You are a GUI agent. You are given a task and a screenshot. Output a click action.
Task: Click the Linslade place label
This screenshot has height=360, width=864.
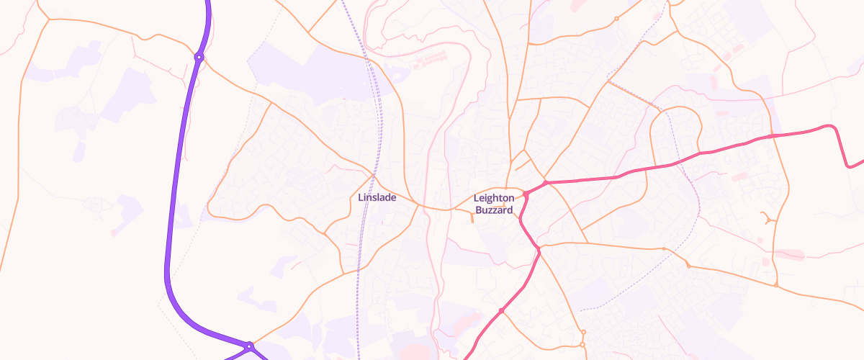tap(377, 197)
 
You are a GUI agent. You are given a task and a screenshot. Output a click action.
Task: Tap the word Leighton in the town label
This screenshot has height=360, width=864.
tap(494, 198)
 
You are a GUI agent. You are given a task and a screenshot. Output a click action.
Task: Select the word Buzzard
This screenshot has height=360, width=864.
tap(494, 210)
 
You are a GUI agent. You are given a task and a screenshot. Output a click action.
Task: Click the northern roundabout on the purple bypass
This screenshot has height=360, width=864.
tap(199, 57)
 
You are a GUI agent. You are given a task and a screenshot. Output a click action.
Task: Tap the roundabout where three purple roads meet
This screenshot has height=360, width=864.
tap(249, 347)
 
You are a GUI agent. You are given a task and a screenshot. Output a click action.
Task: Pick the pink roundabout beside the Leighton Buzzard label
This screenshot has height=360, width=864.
tap(526, 194)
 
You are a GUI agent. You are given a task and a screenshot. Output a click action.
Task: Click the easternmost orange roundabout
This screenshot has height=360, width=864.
tap(776, 286)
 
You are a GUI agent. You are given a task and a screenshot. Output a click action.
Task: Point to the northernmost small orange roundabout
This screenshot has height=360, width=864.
tap(616, 19)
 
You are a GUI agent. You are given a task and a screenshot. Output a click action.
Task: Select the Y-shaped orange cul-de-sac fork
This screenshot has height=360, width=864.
tap(769, 217)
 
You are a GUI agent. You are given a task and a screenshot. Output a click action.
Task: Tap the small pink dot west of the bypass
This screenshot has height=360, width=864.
tap(113, 233)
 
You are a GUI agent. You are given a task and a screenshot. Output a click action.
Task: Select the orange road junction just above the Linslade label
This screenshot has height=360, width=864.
tap(374, 174)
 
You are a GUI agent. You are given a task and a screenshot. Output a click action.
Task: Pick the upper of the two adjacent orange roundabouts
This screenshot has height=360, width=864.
tap(582, 332)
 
